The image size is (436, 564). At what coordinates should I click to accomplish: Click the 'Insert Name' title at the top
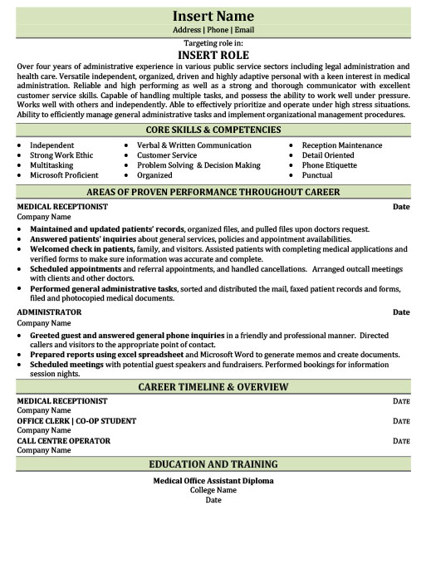[x=213, y=16]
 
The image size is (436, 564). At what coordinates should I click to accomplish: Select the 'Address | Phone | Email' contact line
[x=213, y=30]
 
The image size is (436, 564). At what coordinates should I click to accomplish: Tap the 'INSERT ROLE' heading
[x=213, y=54]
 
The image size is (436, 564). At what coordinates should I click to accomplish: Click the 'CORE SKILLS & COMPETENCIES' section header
[x=213, y=130]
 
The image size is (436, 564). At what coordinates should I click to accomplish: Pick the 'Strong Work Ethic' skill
[x=62, y=155]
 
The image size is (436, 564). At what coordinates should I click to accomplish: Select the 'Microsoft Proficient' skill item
[x=64, y=175]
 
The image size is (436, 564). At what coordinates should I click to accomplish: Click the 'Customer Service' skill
[x=167, y=155]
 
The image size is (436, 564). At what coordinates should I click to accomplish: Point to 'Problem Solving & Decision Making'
[x=198, y=165]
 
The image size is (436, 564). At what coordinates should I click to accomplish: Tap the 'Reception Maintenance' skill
[x=342, y=145]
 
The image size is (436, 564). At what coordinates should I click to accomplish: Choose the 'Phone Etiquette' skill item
[x=330, y=165]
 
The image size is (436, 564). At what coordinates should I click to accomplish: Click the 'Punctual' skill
[x=317, y=175]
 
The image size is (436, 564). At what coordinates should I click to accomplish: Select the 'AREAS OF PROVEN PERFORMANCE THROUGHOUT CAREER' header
[x=213, y=192]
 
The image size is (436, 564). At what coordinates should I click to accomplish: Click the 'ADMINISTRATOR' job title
[x=49, y=312]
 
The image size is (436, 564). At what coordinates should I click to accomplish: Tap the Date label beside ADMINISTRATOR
[x=401, y=312]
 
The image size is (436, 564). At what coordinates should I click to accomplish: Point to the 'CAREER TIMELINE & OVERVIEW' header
[x=213, y=387]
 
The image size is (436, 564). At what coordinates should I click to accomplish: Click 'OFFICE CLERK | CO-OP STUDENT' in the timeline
[x=76, y=421]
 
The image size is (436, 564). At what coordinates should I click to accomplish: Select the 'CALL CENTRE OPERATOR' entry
[x=63, y=441]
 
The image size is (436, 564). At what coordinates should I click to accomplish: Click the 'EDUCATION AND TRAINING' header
[x=213, y=464]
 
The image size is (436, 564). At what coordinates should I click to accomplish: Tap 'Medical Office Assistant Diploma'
[x=213, y=481]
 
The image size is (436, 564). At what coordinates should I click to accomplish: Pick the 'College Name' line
[x=213, y=490]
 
